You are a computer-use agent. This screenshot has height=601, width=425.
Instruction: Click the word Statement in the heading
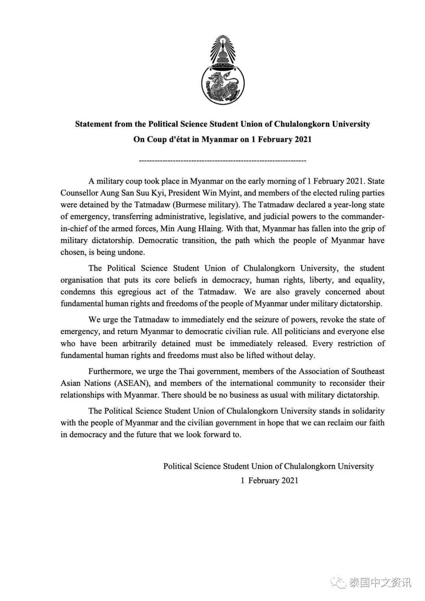[x=93, y=124]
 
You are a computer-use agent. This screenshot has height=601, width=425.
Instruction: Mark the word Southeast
[x=367, y=371]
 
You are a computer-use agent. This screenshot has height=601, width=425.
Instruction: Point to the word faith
[x=376, y=423]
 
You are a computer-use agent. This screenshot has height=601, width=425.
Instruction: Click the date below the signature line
[x=270, y=480]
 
